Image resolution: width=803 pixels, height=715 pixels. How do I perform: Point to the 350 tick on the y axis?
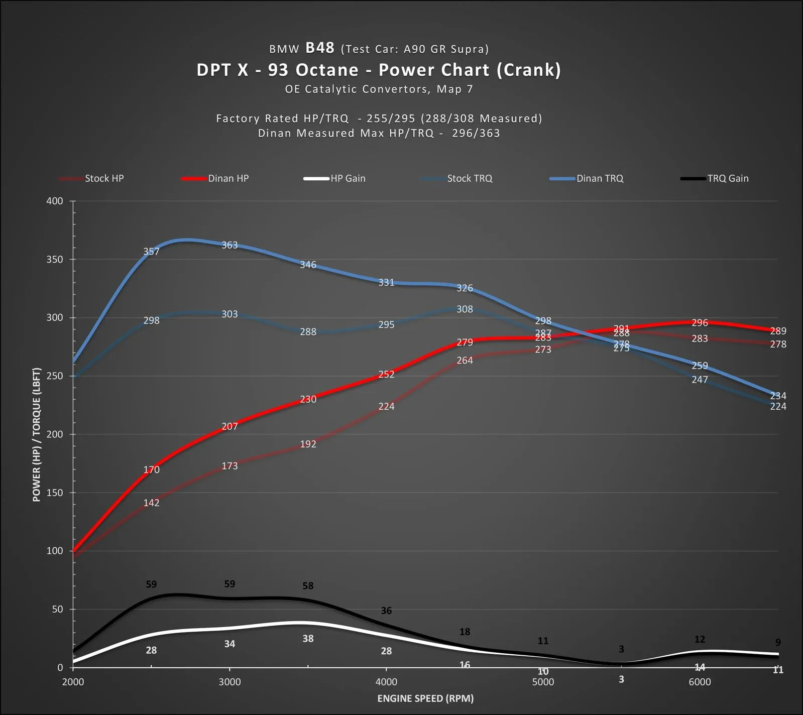tap(55, 260)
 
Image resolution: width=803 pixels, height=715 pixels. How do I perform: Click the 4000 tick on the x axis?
tap(386, 682)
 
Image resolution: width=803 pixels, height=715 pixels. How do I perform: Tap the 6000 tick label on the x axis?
tap(700, 682)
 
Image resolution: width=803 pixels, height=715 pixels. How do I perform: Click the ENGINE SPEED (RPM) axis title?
tap(425, 698)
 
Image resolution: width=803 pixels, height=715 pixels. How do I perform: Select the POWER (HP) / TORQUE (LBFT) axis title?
tap(36, 434)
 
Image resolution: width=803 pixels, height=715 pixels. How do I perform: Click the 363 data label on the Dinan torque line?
tap(230, 245)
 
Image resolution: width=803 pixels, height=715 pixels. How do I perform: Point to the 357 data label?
tap(151, 252)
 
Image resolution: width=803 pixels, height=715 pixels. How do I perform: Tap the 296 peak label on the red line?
tap(700, 323)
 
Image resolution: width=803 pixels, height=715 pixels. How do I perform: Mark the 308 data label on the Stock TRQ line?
tap(465, 309)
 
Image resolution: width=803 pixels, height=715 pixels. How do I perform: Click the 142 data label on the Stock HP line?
tap(151, 503)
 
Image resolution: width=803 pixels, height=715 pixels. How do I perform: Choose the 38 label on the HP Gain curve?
tap(308, 639)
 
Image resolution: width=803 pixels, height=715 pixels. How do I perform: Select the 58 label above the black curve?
tap(308, 586)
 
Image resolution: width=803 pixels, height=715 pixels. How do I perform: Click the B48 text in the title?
tap(320, 48)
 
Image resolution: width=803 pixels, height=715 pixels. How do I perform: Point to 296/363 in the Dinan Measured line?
tap(476, 133)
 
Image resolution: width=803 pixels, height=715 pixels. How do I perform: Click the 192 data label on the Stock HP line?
tap(308, 444)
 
